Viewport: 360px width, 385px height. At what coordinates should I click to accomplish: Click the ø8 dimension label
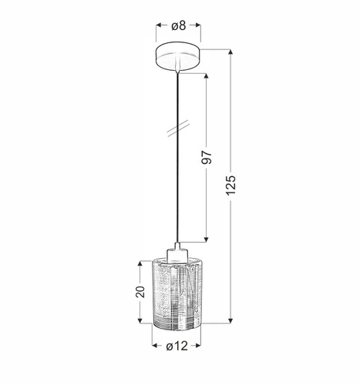pos(178,25)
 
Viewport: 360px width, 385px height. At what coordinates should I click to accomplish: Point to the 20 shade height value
pos(139,292)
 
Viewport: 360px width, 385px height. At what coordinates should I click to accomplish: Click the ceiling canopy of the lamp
pos(178,57)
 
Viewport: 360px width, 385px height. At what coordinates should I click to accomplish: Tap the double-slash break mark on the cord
pos(178,125)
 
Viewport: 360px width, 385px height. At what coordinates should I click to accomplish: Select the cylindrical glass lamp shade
pos(178,295)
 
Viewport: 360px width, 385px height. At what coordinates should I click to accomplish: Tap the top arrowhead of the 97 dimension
pos(206,77)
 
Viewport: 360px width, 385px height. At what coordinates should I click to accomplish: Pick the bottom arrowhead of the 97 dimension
pos(206,237)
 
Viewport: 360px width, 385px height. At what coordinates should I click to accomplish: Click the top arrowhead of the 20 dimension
pos(139,263)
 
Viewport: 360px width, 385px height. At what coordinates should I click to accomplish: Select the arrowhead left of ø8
pos(157,25)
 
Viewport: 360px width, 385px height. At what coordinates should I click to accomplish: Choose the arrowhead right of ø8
pos(199,25)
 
